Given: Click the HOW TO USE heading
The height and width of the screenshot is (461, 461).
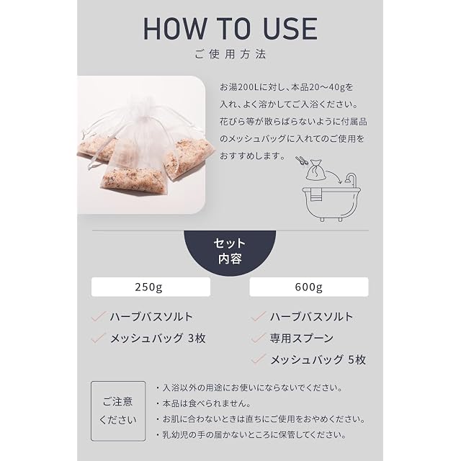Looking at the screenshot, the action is point(230,29).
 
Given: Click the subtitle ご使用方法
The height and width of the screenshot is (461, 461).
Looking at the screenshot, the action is point(230,54).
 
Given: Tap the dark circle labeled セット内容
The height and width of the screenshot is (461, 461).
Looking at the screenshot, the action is point(230,251).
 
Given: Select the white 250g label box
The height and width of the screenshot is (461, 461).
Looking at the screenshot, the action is point(151,287).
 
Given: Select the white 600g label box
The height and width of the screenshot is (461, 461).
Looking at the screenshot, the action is point(309,287).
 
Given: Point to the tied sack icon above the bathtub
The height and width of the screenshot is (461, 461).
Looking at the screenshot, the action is point(315,170).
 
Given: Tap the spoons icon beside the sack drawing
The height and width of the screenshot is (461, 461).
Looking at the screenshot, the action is point(302,161).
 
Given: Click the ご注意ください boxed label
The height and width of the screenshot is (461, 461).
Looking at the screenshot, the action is point(118,411).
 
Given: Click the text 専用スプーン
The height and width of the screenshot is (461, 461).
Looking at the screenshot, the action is point(302,338).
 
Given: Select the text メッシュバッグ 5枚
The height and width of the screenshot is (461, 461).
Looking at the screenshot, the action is point(318,360).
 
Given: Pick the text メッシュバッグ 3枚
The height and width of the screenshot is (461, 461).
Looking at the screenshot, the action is point(158,339).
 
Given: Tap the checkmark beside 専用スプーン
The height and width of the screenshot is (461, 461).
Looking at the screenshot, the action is point(259,338).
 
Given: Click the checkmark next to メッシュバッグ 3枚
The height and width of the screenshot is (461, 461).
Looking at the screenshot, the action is point(99,338).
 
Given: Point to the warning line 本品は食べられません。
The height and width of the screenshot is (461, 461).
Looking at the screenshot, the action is point(207,403).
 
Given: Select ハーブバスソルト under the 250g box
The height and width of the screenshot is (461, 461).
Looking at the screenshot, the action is point(151,317).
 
